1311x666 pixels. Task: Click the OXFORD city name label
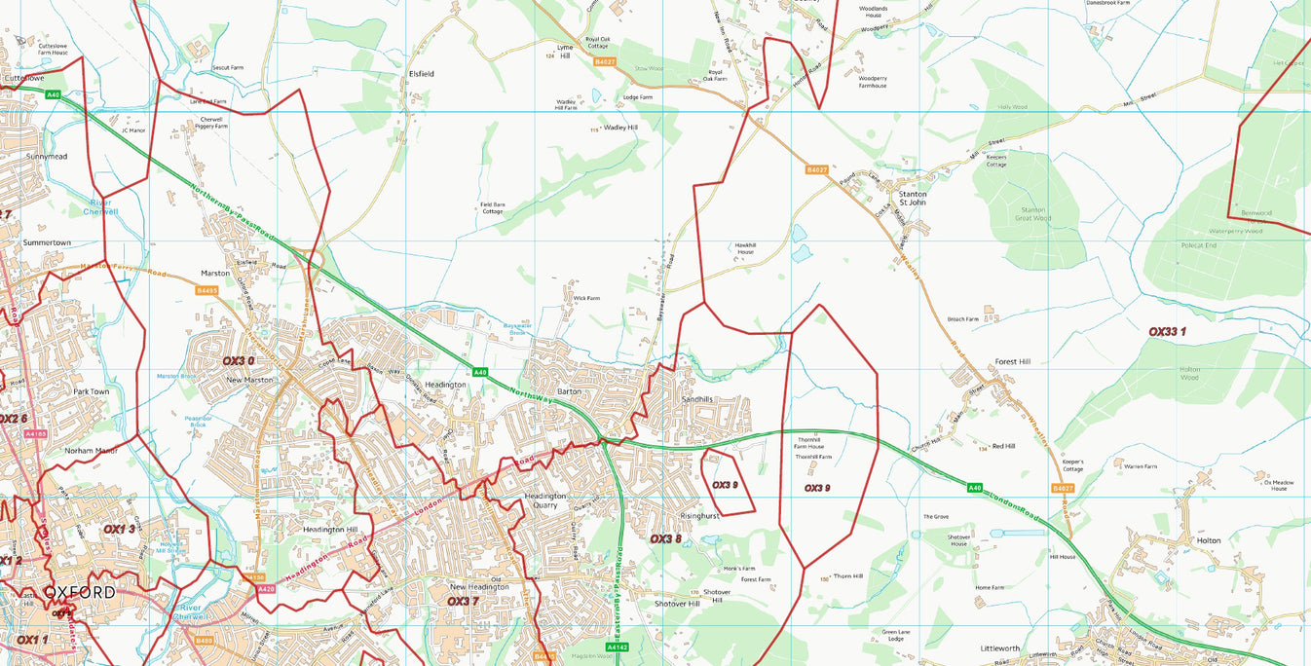point(79,592)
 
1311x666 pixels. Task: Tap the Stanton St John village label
point(913,199)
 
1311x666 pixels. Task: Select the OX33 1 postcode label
point(1167,332)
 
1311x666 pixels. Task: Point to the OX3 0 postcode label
point(238,361)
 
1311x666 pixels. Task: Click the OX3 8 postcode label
point(665,538)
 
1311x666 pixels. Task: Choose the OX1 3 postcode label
point(119,529)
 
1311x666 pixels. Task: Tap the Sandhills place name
point(696,399)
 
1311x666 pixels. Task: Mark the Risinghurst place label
point(699,516)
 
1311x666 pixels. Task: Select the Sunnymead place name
point(47,156)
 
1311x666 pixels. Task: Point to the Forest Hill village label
point(1012,361)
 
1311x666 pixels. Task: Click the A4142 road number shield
point(617,647)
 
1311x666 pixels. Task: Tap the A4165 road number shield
point(36,434)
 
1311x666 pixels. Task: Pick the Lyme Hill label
point(565,52)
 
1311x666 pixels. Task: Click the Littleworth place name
point(1000,647)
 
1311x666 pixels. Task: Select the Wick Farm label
point(586,298)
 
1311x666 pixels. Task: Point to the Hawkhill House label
point(744,248)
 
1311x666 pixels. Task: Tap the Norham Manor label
point(91,451)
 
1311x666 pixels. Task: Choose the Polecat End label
point(1198,246)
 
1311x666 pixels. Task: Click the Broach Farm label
point(962,319)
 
